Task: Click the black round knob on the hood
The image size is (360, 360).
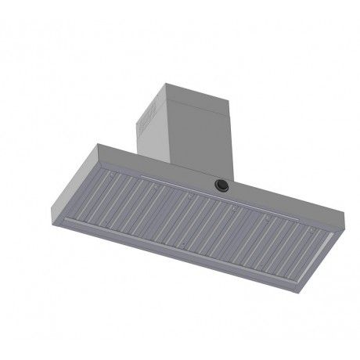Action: point(221,185)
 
